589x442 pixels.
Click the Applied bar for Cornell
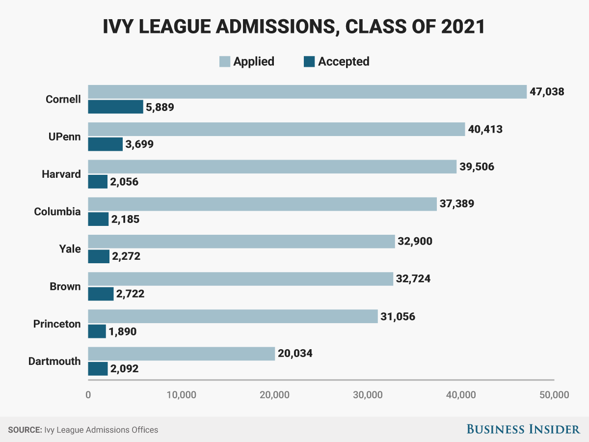click(x=307, y=92)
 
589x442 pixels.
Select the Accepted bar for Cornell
click(x=115, y=107)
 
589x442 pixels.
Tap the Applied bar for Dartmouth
click(x=181, y=354)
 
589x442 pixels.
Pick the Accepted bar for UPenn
click(x=105, y=144)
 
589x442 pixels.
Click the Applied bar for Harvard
click(x=272, y=166)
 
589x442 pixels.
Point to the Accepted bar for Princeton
click(x=97, y=331)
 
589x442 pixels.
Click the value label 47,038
click(x=547, y=92)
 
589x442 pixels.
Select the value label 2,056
click(x=124, y=182)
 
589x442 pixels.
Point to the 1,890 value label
click(x=122, y=331)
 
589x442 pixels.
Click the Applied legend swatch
click(x=224, y=62)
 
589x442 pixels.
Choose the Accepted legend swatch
click(x=309, y=62)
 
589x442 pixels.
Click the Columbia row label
click(x=57, y=212)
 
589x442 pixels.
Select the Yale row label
click(x=70, y=249)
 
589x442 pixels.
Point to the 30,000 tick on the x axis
click(x=368, y=395)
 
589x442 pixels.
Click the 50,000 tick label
click(x=554, y=395)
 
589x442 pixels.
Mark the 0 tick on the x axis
click(x=88, y=395)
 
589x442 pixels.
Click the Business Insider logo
click(x=523, y=429)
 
